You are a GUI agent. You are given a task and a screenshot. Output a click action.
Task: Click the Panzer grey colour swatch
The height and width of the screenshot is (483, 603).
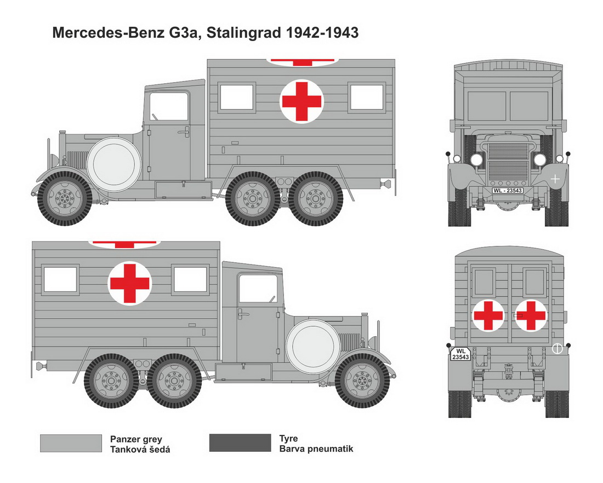pos(71,444)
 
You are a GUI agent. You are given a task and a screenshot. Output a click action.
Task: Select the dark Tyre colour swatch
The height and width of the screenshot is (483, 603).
pos(240,442)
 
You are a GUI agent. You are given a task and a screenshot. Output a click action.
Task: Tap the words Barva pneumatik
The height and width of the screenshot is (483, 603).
pos(316,449)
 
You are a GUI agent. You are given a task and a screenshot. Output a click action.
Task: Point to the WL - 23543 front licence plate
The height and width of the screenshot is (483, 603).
pos(508,191)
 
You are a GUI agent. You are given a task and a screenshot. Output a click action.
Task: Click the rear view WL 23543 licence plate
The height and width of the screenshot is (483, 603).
pos(460,354)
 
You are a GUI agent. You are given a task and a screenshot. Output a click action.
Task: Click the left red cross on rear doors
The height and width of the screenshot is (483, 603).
pos(488,315)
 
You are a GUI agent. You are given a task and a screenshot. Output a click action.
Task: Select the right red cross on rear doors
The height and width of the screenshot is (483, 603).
pos(531,315)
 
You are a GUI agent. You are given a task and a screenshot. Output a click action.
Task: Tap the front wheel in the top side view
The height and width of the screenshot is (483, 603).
pos(65,198)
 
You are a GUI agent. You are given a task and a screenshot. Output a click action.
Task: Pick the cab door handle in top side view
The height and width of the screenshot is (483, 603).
pos(184,132)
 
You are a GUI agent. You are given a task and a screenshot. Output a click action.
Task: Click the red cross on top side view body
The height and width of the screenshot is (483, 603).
pos(301,101)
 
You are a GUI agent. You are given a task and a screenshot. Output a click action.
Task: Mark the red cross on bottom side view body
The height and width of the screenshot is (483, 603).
pos(129,284)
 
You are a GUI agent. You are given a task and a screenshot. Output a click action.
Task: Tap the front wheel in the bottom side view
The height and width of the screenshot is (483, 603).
pos(363,381)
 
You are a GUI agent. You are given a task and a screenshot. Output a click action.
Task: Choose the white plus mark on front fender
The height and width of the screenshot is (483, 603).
pos(555,179)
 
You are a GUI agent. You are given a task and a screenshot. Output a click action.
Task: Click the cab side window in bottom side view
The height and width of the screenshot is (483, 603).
pos(258,288)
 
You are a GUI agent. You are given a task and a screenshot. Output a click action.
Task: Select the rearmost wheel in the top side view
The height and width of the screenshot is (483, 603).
pos(315,198)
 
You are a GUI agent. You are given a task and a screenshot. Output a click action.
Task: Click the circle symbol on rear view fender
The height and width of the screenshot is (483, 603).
pos(557,348)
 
